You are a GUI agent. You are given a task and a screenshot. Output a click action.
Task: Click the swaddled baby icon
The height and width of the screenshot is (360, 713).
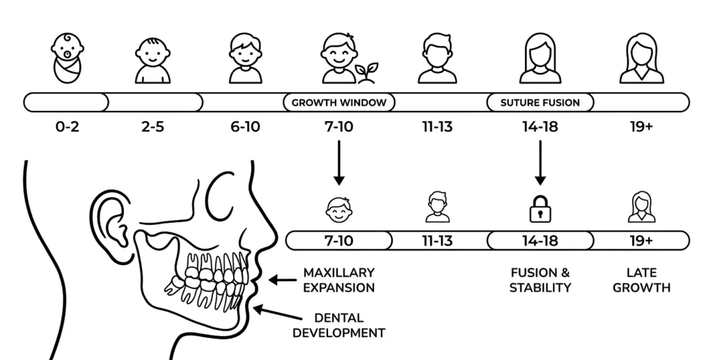tap(68, 58)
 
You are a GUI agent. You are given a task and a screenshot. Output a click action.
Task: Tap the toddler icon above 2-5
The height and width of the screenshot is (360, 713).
tap(152, 61)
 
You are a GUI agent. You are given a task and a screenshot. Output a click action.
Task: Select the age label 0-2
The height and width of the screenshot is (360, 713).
tap(68, 126)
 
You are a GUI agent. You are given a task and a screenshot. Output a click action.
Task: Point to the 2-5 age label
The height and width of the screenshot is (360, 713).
tap(152, 126)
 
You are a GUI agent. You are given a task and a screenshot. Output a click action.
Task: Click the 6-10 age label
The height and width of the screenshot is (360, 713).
tap(245, 126)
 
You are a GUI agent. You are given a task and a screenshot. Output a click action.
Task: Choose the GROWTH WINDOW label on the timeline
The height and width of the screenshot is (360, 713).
tap(339, 103)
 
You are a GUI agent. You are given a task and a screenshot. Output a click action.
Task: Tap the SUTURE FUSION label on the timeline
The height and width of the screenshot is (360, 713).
tap(540, 103)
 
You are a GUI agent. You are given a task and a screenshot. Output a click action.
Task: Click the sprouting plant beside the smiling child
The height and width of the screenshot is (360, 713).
tap(366, 72)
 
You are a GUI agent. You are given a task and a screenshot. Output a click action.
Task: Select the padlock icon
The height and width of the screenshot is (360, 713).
tap(540, 209)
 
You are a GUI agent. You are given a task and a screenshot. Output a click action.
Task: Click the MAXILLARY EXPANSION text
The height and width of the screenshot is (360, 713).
tap(339, 280)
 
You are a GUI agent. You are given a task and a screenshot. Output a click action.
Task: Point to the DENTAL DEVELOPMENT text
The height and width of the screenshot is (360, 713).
tap(339, 325)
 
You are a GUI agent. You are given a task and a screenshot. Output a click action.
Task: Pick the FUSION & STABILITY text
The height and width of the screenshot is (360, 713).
tap(540, 280)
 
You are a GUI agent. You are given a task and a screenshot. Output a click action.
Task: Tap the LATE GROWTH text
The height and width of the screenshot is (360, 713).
tap(641, 280)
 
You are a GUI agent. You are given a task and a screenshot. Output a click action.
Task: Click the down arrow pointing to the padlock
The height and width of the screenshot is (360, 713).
tap(540, 163)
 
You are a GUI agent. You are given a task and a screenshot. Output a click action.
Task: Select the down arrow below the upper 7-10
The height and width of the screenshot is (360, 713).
tap(339, 163)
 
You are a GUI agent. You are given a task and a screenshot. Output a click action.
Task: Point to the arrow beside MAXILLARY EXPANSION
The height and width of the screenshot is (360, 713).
tap(283, 280)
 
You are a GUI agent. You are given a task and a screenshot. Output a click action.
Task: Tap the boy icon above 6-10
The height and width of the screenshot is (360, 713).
tap(245, 58)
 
